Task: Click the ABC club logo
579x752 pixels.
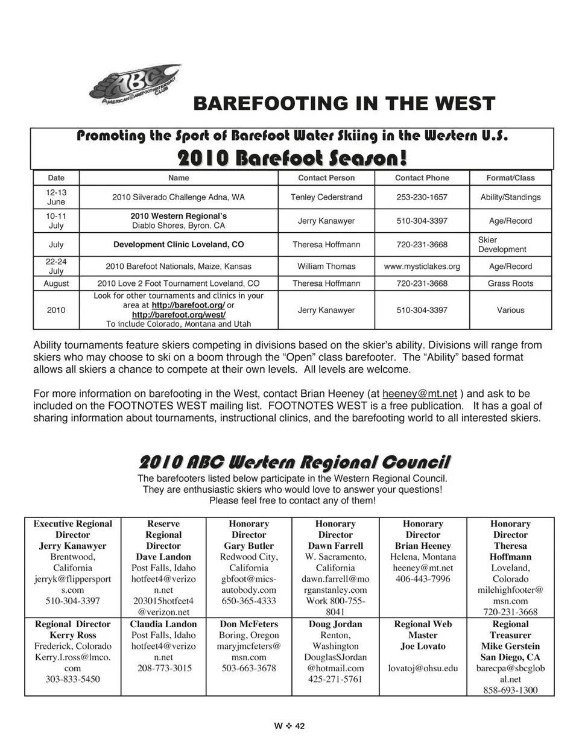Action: tap(134, 84)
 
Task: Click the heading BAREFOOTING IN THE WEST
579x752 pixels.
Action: tap(344, 103)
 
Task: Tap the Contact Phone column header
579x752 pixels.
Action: tap(422, 178)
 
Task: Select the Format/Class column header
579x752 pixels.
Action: tap(510, 178)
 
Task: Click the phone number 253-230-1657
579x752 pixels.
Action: tap(422, 197)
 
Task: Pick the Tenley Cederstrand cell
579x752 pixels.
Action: tap(326, 197)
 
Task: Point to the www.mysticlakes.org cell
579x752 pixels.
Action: tap(422, 266)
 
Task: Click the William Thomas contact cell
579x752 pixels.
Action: tap(326, 266)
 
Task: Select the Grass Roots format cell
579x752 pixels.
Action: tap(510, 283)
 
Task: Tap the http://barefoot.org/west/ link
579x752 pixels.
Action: tap(179, 315)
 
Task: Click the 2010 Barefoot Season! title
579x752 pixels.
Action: tap(292, 158)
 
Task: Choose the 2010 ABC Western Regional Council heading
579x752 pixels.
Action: tap(294, 463)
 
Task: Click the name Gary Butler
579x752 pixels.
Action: tap(248, 546)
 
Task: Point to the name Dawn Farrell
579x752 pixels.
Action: tap(335, 546)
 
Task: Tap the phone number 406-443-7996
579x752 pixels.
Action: tap(422, 579)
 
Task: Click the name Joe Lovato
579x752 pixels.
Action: tap(422, 646)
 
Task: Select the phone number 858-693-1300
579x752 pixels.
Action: tap(510, 690)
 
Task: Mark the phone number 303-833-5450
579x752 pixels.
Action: tap(72, 679)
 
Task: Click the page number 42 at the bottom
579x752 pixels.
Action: tap(300, 726)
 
